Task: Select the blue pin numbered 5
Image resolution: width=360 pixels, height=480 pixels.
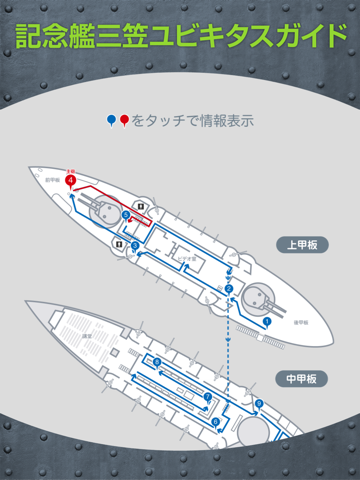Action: pyautogui.click(x=125, y=214)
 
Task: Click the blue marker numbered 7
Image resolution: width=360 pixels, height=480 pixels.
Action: pyautogui.click(x=207, y=397)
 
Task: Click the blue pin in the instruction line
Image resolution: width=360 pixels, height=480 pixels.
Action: pyautogui.click(x=111, y=120)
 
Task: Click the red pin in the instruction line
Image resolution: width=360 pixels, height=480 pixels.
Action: pyautogui.click(x=124, y=120)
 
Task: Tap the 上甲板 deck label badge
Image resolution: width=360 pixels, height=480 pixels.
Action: pyautogui.click(x=298, y=244)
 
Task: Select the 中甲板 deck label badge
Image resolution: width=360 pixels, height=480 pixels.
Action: pyautogui.click(x=298, y=379)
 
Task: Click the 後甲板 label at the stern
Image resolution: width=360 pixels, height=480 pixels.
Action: pyautogui.click(x=272, y=337)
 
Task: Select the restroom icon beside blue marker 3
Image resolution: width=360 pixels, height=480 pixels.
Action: pyautogui.click(x=119, y=243)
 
